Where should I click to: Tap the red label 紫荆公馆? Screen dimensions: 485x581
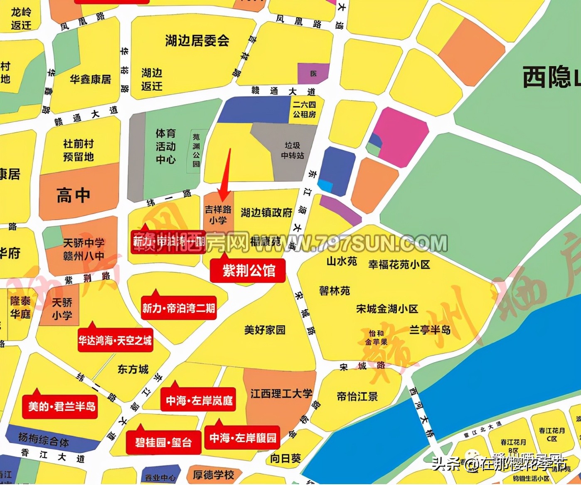click(248, 271)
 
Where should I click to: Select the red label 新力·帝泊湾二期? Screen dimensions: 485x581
click(179, 308)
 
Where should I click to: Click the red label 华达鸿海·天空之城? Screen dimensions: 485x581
click(115, 341)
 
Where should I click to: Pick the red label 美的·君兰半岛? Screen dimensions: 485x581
click(62, 406)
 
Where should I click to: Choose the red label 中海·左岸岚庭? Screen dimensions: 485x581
click(199, 401)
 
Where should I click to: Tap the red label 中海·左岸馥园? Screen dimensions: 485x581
click(243, 438)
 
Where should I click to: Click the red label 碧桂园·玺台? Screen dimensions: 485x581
click(163, 443)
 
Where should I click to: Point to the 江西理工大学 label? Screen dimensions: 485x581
click(281, 393)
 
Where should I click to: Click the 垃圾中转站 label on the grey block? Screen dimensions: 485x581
click(292, 151)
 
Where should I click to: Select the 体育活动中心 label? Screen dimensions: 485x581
click(165, 146)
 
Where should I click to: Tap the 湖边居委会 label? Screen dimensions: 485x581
click(197, 41)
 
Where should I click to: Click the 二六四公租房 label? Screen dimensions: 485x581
click(304, 109)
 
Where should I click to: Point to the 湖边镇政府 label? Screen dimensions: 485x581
click(266, 213)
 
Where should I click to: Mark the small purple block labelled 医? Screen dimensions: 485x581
click(313, 74)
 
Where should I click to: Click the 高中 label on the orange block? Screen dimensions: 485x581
click(74, 195)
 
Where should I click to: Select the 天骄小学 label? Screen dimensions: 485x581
click(62, 309)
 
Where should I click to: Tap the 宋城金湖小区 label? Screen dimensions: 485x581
click(387, 309)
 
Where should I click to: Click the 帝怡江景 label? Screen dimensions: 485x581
click(357, 396)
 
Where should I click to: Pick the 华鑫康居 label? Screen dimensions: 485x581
click(91, 79)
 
